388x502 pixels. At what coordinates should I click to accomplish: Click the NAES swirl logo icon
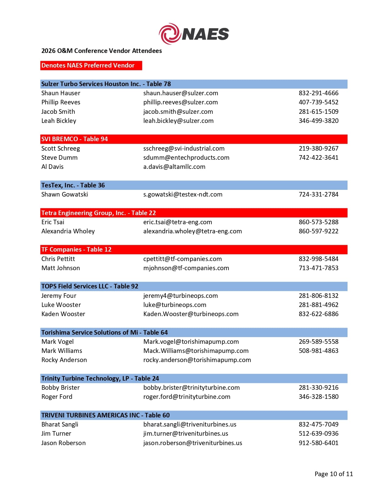pyautogui.click(x=170, y=33)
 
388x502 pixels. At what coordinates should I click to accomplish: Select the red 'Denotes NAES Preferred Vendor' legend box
pyautogui.click(x=91, y=65)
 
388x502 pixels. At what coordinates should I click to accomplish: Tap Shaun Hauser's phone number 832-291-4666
pyautogui.click(x=318, y=93)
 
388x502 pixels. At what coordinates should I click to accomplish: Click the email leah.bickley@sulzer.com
pyautogui.click(x=178, y=121)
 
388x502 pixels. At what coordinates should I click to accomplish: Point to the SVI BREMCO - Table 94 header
pyautogui.click(x=75, y=139)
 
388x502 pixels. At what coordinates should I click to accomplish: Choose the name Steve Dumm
pyautogui.click(x=59, y=158)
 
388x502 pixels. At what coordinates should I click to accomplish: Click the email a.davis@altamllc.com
pyautogui.click(x=174, y=167)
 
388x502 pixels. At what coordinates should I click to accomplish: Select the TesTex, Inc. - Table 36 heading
pyautogui.click(x=73, y=185)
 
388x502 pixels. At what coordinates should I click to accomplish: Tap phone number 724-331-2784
pyautogui.click(x=318, y=194)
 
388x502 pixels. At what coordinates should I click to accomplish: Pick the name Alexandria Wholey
pyautogui.click(x=68, y=231)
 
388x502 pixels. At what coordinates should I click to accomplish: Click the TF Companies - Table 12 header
pyautogui.click(x=76, y=249)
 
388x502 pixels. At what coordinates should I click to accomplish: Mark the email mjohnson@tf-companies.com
pyautogui.click(x=186, y=268)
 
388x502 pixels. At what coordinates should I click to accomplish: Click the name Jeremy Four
pyautogui.click(x=59, y=296)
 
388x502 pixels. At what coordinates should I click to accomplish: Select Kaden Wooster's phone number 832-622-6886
pyautogui.click(x=318, y=314)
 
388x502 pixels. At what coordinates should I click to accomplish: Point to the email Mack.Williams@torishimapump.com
pyautogui.click(x=196, y=351)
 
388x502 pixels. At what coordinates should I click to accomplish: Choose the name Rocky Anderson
pyautogui.click(x=64, y=360)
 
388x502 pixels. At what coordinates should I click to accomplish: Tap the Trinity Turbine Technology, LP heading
pyautogui.click(x=100, y=378)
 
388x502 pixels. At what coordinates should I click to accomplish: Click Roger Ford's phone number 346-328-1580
pyautogui.click(x=318, y=397)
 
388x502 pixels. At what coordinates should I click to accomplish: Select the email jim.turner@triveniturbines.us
pyautogui.click(x=186, y=434)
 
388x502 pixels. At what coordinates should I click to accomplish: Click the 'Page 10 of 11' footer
pyautogui.click(x=334, y=474)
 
